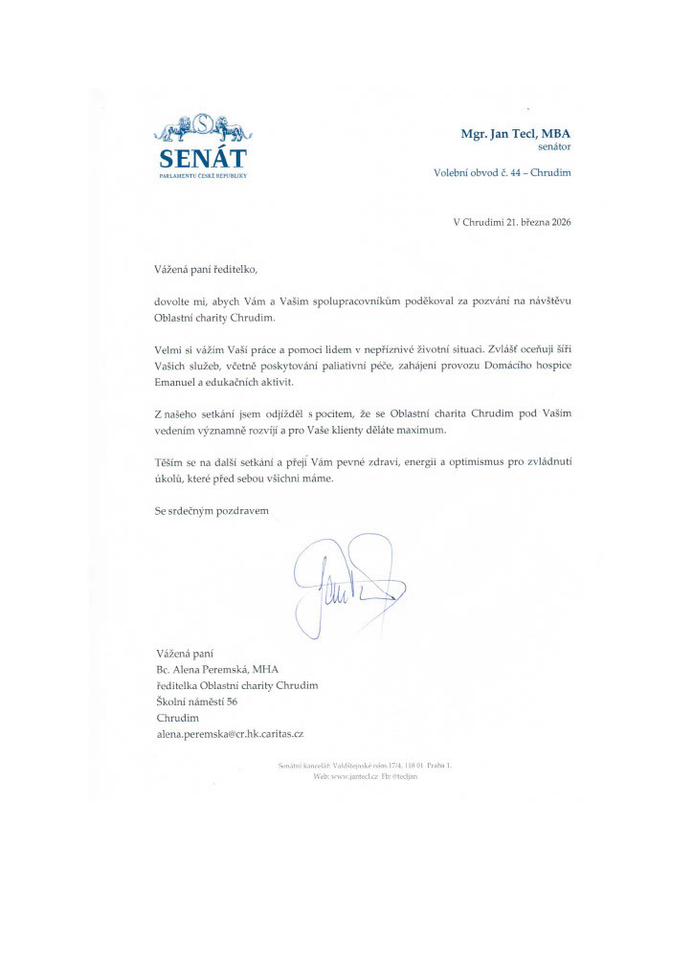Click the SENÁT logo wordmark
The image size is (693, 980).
(202, 158)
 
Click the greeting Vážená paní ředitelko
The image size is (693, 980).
(207, 270)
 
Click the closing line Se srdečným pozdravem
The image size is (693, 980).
(212, 510)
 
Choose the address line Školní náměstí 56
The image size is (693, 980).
(196, 702)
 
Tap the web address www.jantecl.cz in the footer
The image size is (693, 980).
(353, 776)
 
